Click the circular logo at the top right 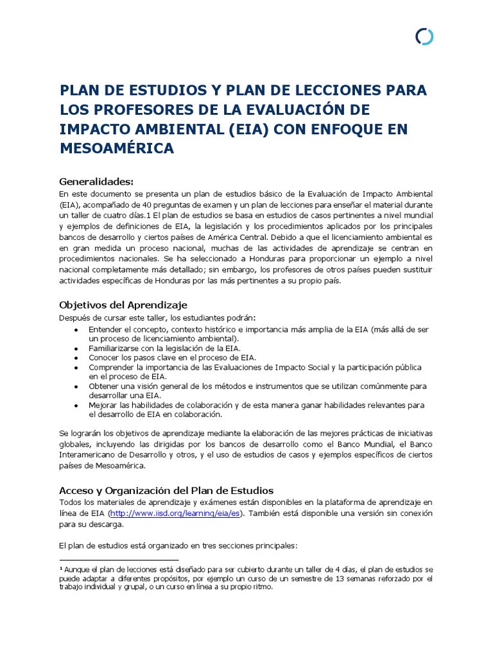point(424,37)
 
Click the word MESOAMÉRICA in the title point(116,149)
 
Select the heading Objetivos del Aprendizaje point(123,304)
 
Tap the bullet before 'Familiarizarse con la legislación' point(76,347)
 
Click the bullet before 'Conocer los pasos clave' point(76,357)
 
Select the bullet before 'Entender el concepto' point(76,328)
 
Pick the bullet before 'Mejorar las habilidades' point(76,405)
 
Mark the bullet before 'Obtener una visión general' point(76,386)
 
